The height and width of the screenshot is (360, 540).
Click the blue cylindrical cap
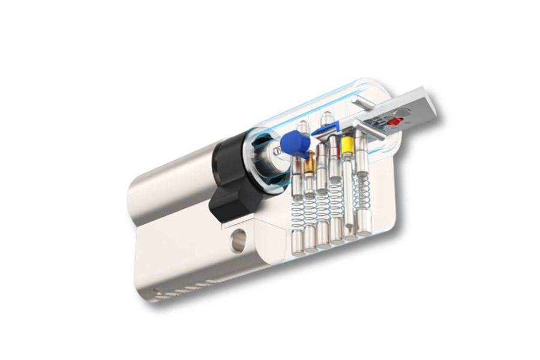295,143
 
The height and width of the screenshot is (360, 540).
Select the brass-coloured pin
310,163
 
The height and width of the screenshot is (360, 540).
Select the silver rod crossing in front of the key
369,129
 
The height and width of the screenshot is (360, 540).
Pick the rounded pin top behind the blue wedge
326,117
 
